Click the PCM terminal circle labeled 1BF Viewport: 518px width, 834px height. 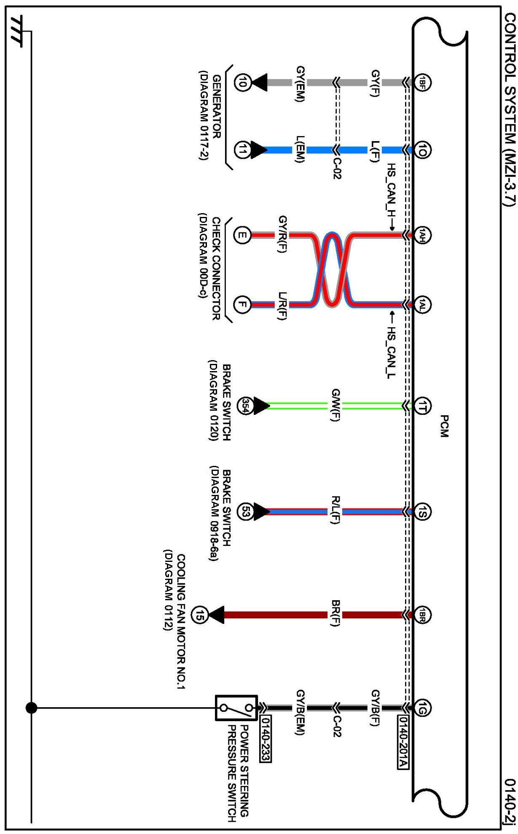coord(422,82)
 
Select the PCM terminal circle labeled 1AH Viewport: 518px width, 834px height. coord(422,235)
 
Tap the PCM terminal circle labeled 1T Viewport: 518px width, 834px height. coord(422,406)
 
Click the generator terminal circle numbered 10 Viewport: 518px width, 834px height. coord(242,82)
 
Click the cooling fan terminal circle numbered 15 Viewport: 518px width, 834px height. coord(199,615)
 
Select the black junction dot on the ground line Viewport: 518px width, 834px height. coord(31,708)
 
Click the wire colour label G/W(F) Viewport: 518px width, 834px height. coord(335,405)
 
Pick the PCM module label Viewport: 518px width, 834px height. coord(444,426)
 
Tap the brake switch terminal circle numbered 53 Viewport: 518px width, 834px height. coord(245,512)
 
